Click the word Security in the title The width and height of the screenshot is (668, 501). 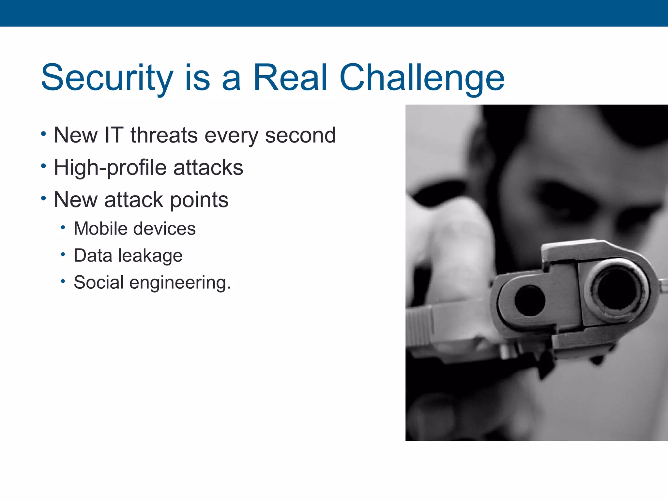[107, 78]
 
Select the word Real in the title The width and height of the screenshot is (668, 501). [290, 78]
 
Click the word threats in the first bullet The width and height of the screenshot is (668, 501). [164, 135]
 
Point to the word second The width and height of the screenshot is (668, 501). [300, 135]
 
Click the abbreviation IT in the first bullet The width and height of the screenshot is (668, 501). [114, 135]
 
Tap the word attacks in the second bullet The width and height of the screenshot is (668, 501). [208, 168]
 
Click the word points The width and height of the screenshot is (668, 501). [199, 200]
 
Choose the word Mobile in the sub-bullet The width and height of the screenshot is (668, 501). [100, 228]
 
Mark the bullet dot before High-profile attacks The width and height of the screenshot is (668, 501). [43, 166]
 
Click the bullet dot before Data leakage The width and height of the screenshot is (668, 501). [63, 254]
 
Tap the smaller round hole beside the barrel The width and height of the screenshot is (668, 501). [530, 300]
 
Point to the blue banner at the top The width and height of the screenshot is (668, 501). [334, 13]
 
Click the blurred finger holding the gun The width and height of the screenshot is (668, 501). [457, 248]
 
